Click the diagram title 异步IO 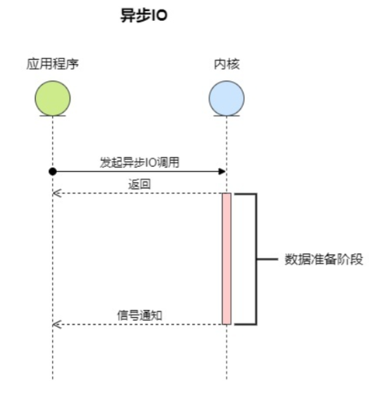pos(143,17)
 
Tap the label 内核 pos(226,63)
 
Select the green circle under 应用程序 pos(52,98)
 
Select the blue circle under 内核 pos(226,98)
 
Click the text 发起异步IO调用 pos(140,162)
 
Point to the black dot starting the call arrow pos(53,170)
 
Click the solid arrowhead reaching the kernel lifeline pos(223,170)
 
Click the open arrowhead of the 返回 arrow pos(55,193)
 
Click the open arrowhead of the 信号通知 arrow pos(55,324)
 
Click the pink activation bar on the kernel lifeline pos(226,259)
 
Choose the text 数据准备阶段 pos(324,259)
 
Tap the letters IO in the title pos(159,17)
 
